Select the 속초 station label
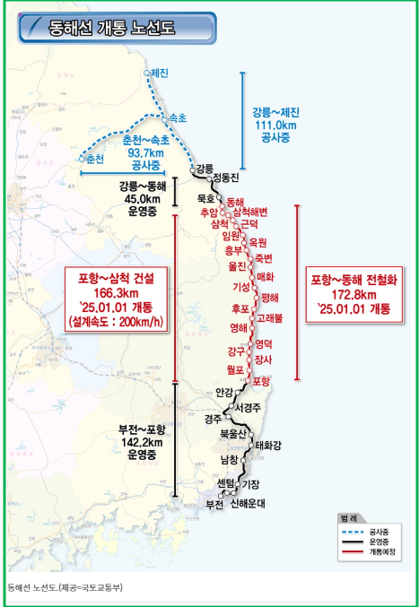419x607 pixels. pos(178,117)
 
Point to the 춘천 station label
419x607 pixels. pos(94,158)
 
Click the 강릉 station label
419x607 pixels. pos(205,168)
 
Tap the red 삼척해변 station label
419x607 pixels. pos(249,211)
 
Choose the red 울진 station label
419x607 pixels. pos(238,265)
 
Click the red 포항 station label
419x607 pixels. pos(262,381)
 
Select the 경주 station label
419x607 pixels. pos(214,419)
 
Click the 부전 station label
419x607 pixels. pos(214,504)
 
